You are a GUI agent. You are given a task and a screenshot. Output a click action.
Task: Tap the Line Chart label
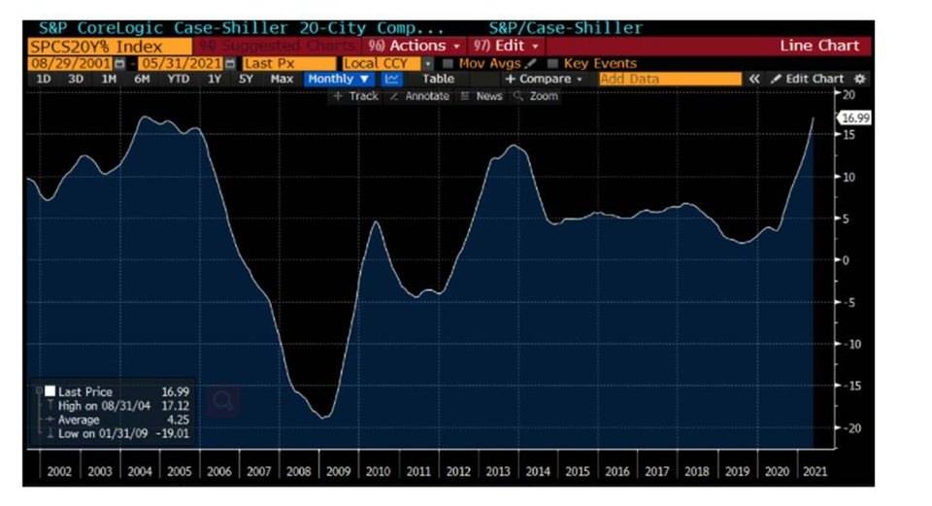(x=819, y=46)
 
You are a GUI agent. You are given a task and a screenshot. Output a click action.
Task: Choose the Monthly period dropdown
(x=338, y=79)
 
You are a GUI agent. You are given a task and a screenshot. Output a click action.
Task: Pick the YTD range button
(x=178, y=79)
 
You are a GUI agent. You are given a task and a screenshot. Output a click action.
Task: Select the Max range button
(x=282, y=79)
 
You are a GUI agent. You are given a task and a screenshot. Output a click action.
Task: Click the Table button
(x=438, y=79)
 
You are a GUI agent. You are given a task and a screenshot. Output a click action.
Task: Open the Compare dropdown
(x=543, y=79)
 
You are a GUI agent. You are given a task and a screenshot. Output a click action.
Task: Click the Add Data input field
(x=669, y=79)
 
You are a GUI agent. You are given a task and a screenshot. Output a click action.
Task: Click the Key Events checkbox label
(x=599, y=63)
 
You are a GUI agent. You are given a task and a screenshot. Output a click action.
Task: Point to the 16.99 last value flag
(x=853, y=118)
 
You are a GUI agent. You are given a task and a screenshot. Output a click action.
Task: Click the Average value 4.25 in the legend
(x=180, y=420)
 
